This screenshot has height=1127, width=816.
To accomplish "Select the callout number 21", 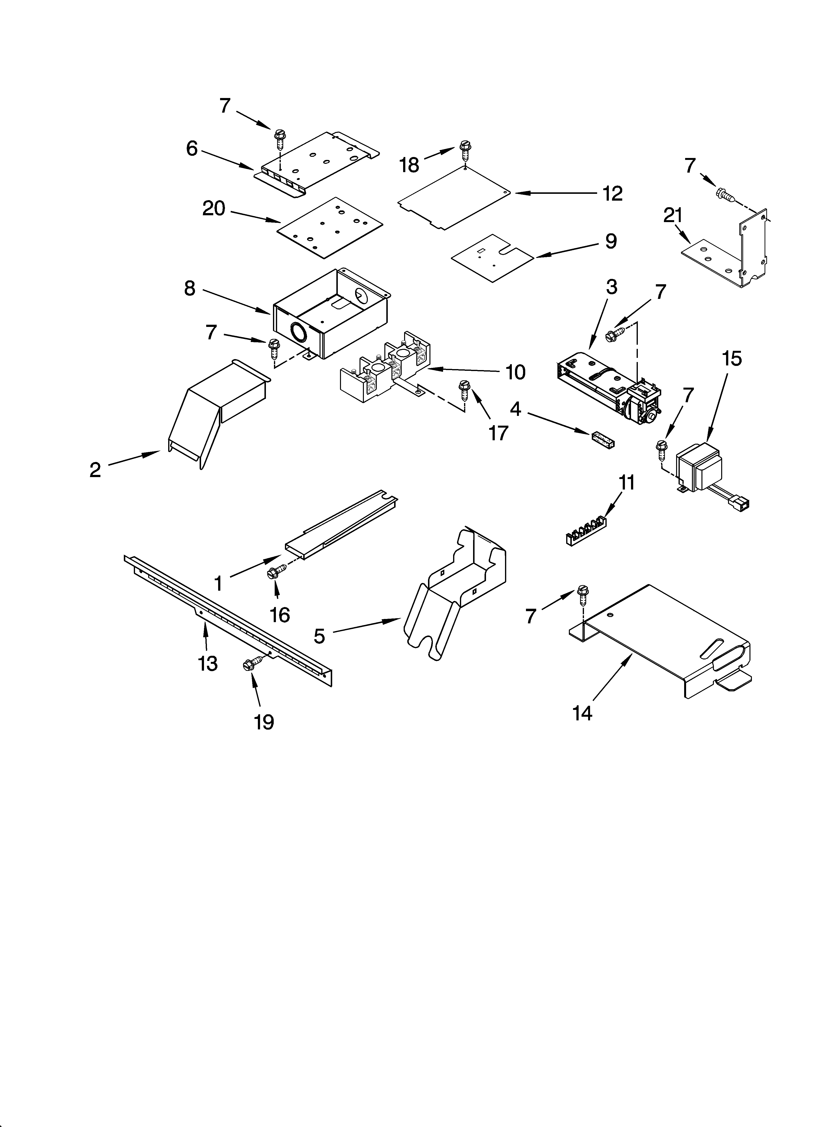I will [x=672, y=216].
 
